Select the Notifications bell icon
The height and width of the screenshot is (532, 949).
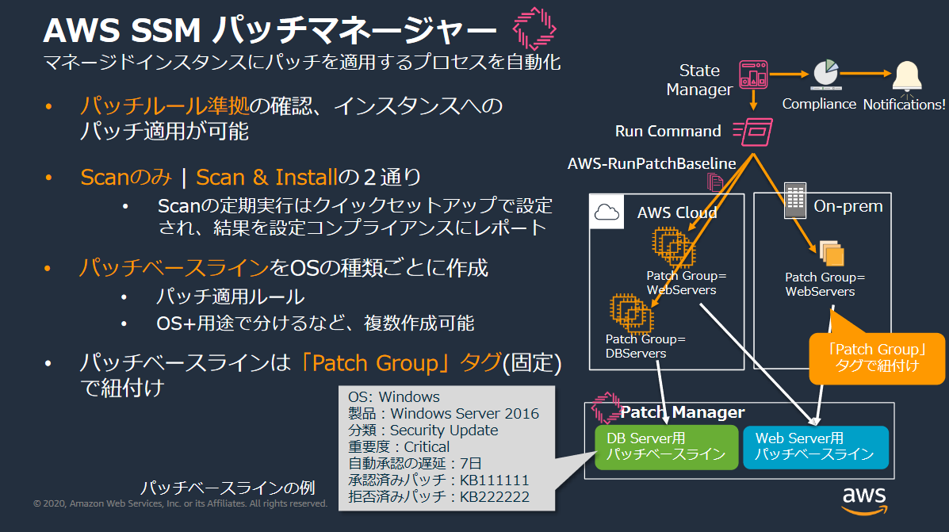(x=906, y=77)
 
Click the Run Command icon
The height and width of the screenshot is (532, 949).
(x=752, y=131)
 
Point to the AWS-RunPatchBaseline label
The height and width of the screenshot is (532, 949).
(x=652, y=163)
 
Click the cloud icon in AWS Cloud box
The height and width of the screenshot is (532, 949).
(x=607, y=212)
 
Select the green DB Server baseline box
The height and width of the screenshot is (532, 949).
(x=666, y=446)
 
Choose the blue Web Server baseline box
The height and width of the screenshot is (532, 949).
(x=814, y=446)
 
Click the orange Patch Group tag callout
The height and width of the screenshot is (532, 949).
(x=876, y=357)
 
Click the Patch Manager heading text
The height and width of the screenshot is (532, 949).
(x=682, y=412)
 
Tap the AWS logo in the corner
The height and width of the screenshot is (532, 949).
(x=863, y=500)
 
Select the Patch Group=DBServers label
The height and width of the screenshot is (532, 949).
(x=645, y=346)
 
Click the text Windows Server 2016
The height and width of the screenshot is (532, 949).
(x=465, y=413)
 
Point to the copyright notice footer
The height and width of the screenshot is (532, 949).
(x=180, y=503)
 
